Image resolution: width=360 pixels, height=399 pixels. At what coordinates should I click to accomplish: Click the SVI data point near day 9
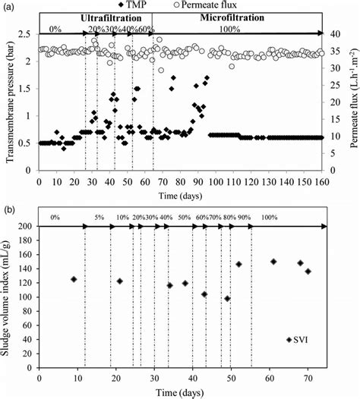click(74, 279)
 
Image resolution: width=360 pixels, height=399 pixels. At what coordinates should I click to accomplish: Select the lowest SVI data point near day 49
click(227, 299)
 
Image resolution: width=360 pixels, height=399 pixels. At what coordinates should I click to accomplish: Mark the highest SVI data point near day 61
click(273, 262)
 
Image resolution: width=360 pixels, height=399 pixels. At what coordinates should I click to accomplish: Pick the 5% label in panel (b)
click(99, 218)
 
